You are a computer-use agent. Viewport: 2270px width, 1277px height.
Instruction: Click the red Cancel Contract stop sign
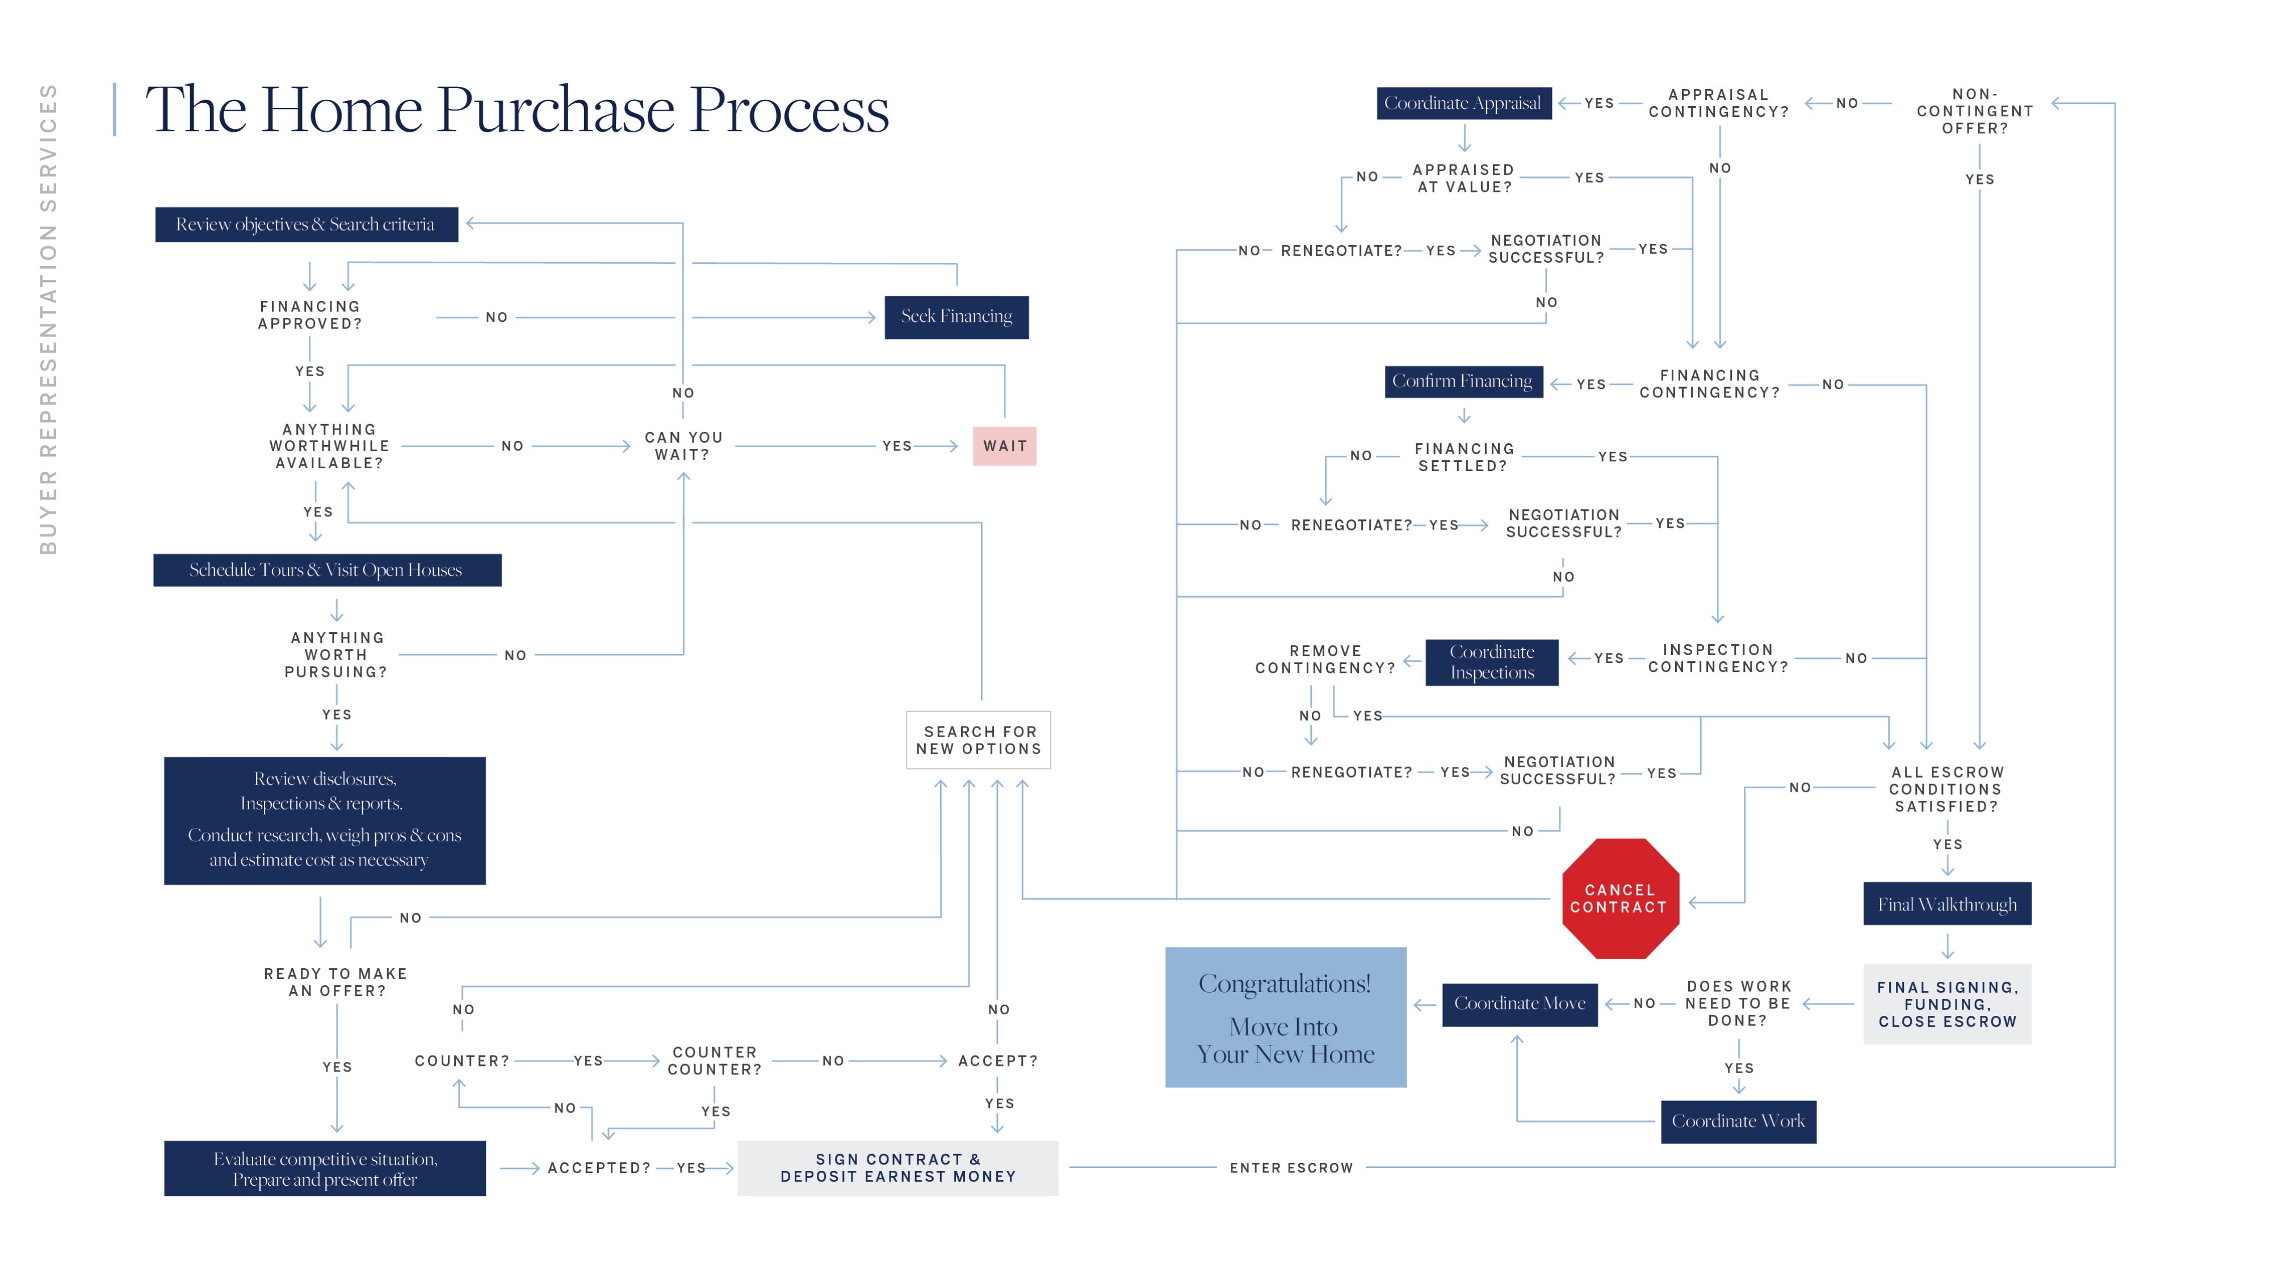click(1619, 899)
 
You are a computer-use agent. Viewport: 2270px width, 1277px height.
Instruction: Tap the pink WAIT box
click(1005, 446)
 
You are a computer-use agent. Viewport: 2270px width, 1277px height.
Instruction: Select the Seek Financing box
click(956, 316)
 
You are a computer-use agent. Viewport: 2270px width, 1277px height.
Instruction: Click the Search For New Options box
click(978, 740)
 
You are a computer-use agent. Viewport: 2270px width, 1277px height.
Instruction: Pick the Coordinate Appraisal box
click(1463, 103)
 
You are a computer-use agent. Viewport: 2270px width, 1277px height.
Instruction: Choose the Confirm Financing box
click(1463, 381)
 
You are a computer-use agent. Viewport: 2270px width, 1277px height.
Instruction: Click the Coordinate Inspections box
click(1492, 662)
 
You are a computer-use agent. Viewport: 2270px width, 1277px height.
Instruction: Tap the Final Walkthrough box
click(1946, 904)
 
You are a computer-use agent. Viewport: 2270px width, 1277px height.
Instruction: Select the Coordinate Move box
click(1519, 1004)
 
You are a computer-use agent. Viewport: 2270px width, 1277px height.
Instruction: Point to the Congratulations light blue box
click(1285, 1017)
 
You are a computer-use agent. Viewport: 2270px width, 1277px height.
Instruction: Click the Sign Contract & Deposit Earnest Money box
click(897, 1167)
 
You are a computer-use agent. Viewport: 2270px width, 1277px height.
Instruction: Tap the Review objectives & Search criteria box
click(306, 225)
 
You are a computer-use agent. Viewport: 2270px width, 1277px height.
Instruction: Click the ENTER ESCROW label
click(1291, 1167)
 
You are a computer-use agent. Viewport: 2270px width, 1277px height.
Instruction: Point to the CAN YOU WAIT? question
click(683, 446)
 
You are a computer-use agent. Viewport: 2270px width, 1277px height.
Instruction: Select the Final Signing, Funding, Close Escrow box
click(1946, 1005)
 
